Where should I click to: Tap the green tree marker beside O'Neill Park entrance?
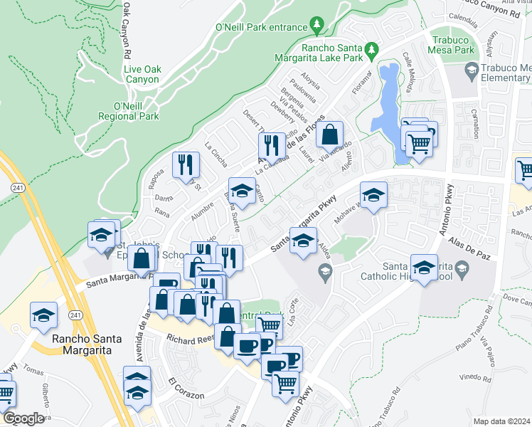[317, 26]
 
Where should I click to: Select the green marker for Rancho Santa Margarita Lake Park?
[371, 50]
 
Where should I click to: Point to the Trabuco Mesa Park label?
[451, 45]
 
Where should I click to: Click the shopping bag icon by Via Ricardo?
[330, 134]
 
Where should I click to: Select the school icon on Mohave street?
[373, 194]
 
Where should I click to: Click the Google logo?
[23, 418]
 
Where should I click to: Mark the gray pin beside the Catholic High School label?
[463, 268]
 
